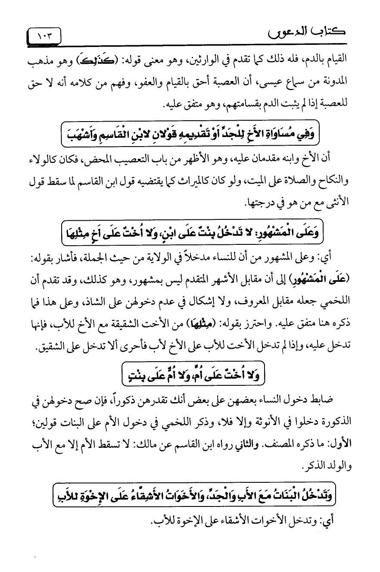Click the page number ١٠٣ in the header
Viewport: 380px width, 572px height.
tap(45, 35)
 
